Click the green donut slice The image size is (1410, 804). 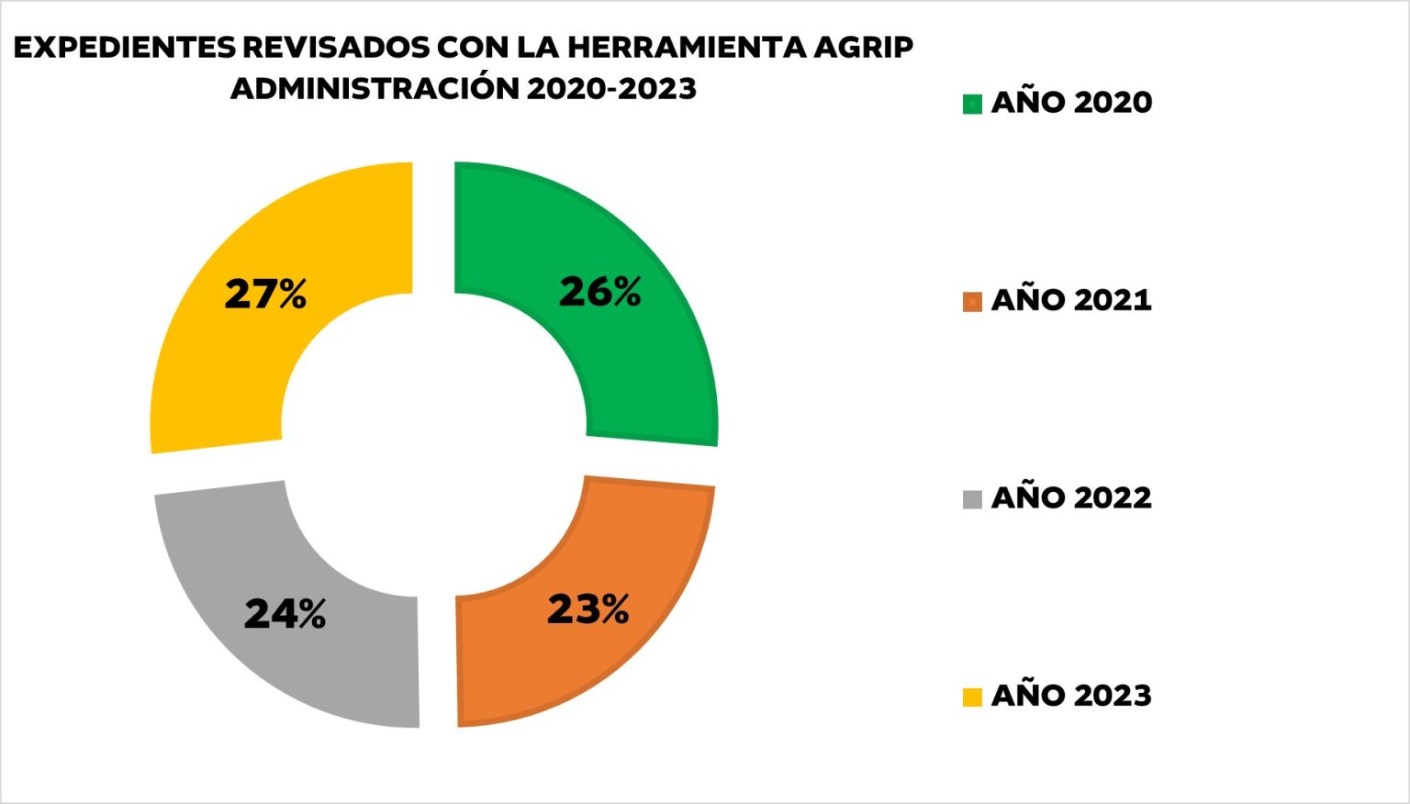643,367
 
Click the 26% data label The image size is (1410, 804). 600,292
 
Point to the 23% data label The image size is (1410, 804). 588,609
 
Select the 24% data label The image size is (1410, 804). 285,614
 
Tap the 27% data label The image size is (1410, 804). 265,295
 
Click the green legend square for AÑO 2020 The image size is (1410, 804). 972,104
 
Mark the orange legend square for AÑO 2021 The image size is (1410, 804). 972,302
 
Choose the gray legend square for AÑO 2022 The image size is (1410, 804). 972,499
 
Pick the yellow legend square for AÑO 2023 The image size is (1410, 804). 972,698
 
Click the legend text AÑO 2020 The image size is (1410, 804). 1071,101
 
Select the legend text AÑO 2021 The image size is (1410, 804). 1071,299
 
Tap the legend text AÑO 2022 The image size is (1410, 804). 1071,497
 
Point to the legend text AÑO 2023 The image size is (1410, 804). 1071,695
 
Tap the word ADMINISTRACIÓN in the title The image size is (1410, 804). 374,89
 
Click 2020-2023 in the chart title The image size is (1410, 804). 611,89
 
